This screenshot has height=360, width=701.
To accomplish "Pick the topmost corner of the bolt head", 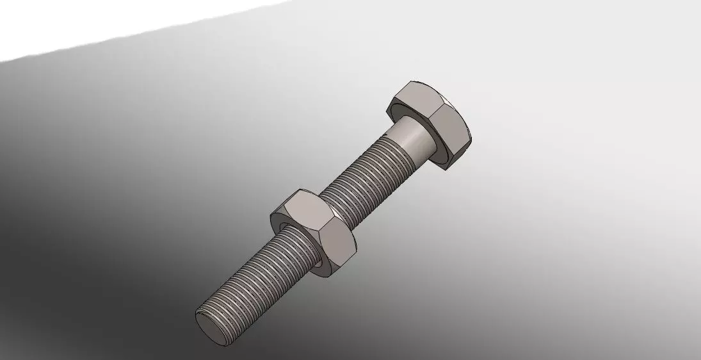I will [x=410, y=81].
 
